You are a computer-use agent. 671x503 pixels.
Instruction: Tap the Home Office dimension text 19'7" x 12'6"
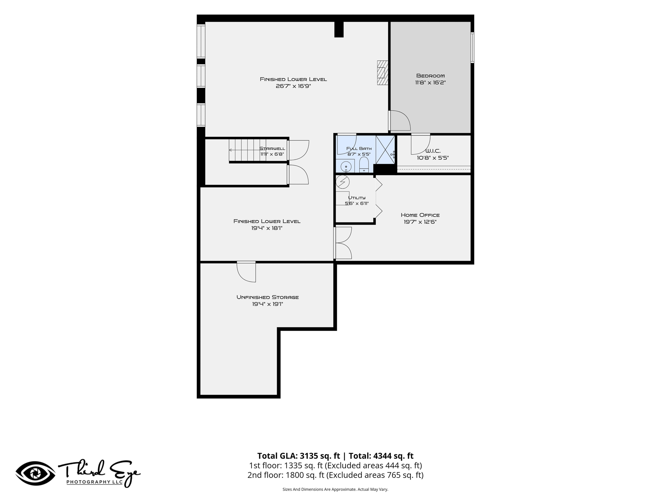pyautogui.click(x=420, y=222)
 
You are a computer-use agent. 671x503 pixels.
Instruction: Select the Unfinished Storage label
pyautogui.click(x=268, y=297)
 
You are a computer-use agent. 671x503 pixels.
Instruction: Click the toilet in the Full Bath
pyautogui.click(x=364, y=165)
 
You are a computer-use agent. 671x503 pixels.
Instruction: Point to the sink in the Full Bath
pyautogui.click(x=346, y=166)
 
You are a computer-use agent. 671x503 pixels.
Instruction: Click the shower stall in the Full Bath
pyautogui.click(x=385, y=150)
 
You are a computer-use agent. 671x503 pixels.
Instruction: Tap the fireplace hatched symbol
pyautogui.click(x=382, y=73)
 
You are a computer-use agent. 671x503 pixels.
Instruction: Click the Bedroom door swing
pyautogui.click(x=399, y=121)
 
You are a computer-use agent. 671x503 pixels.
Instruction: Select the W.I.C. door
pyautogui.click(x=421, y=144)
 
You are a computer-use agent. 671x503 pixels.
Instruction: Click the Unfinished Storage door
pyautogui.click(x=246, y=271)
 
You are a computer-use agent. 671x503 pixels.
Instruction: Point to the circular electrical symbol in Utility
pyautogui.click(x=343, y=182)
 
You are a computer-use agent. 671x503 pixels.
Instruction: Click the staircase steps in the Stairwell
pyautogui.click(x=248, y=150)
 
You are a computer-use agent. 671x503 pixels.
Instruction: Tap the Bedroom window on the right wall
pyautogui.click(x=472, y=47)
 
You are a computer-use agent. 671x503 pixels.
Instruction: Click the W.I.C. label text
pyautogui.click(x=433, y=151)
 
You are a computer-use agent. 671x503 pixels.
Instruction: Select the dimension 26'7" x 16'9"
pyautogui.click(x=293, y=86)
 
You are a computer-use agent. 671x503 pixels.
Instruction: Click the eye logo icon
pyautogui.click(x=35, y=473)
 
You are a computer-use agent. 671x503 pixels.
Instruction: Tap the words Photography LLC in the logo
pyautogui.click(x=95, y=482)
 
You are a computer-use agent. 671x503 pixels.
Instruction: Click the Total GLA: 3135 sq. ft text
pyautogui.click(x=298, y=456)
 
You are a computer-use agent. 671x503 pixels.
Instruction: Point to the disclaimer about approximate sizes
pyautogui.click(x=335, y=489)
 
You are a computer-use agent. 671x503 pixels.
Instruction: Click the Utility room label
pyautogui.click(x=356, y=197)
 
